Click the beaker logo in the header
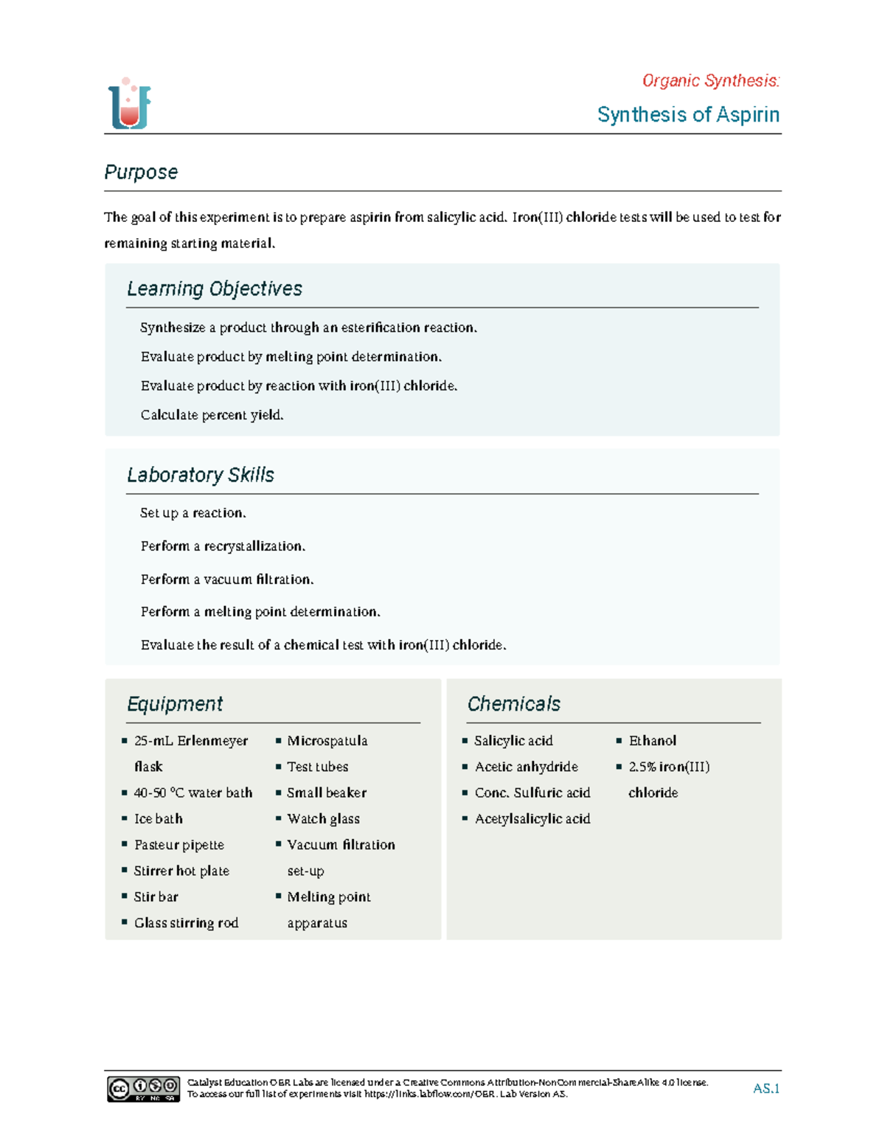130,104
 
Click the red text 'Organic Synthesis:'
710,80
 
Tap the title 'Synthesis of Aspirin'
688,115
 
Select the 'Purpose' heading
141,172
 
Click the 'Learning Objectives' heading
215,288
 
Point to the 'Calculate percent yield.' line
212,415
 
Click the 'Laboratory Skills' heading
201,475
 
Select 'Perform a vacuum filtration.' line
227,580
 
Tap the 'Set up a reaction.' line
193,513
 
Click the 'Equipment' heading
175,704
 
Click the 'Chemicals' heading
514,704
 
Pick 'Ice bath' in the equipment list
159,819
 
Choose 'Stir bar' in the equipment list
156,897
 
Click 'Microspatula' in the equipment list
327,741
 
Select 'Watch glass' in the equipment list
324,819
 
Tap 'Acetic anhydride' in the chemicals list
527,767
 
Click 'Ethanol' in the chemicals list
653,741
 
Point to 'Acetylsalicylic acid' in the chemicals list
532,819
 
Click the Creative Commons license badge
144,1089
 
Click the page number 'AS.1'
766,1089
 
